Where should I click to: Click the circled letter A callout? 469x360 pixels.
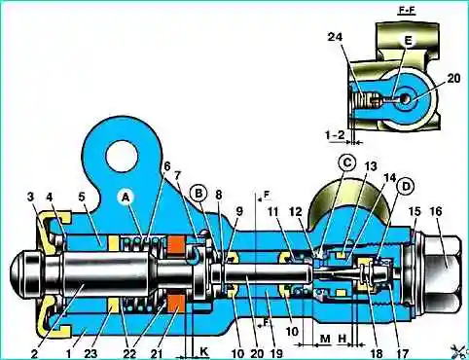click(x=126, y=198)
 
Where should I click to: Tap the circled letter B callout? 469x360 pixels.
click(x=198, y=194)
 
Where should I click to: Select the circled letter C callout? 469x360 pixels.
click(x=347, y=162)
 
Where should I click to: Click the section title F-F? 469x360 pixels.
click(x=407, y=11)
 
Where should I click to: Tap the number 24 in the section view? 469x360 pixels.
click(x=335, y=37)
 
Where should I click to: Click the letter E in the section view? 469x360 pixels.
click(x=408, y=41)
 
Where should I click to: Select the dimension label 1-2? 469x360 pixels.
click(x=335, y=134)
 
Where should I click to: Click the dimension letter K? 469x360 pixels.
click(x=203, y=352)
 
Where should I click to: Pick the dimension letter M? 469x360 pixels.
click(x=325, y=340)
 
